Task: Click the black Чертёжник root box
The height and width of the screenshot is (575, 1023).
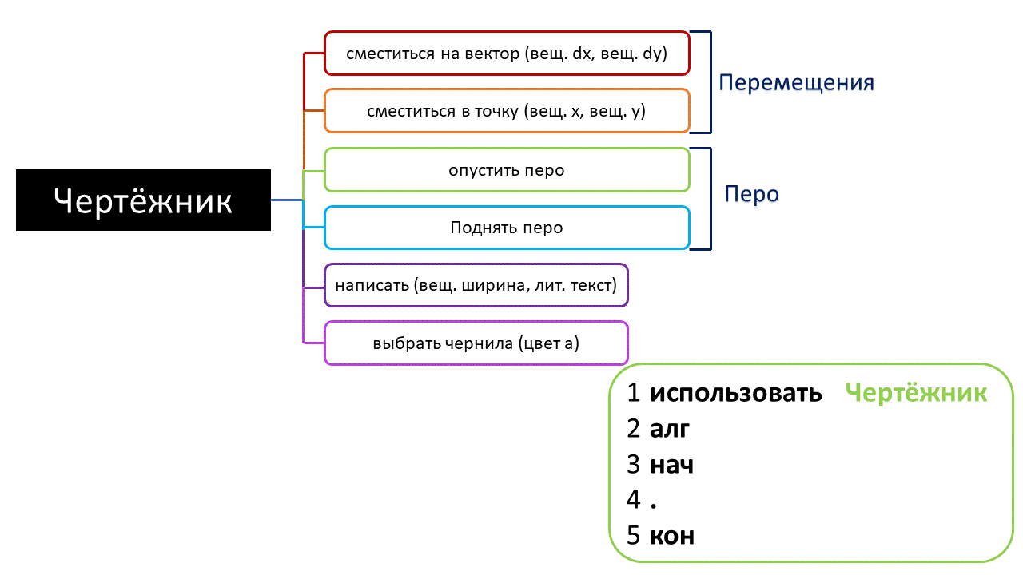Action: pyautogui.click(x=143, y=200)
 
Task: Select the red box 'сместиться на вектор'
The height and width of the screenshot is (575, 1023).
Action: pyautogui.click(x=506, y=54)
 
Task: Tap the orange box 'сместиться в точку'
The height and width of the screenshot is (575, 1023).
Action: pyautogui.click(x=506, y=111)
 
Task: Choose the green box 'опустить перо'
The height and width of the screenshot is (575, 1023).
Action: pyautogui.click(x=506, y=170)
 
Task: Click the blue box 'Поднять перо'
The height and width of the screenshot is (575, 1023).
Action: pyautogui.click(x=506, y=228)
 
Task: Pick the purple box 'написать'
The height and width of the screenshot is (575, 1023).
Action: pyautogui.click(x=476, y=285)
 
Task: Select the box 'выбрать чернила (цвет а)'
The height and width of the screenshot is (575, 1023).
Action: pyautogui.click(x=476, y=343)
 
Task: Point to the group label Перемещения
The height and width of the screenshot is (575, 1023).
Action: pyautogui.click(x=796, y=83)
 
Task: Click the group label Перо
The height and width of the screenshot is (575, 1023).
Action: pyautogui.click(x=751, y=194)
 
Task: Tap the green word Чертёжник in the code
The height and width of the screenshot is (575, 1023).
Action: pyautogui.click(x=916, y=393)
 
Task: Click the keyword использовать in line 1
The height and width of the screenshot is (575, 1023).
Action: pyautogui.click(x=735, y=393)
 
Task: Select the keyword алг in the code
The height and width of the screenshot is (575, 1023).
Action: pyautogui.click(x=670, y=429)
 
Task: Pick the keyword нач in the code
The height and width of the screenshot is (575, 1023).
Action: pyautogui.click(x=671, y=464)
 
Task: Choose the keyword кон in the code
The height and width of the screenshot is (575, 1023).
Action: pyautogui.click(x=671, y=535)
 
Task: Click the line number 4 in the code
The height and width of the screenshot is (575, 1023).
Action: pyautogui.click(x=635, y=500)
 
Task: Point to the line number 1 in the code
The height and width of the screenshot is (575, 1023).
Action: pyautogui.click(x=635, y=393)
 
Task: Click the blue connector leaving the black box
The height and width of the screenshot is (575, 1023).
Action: pyautogui.click(x=287, y=200)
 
